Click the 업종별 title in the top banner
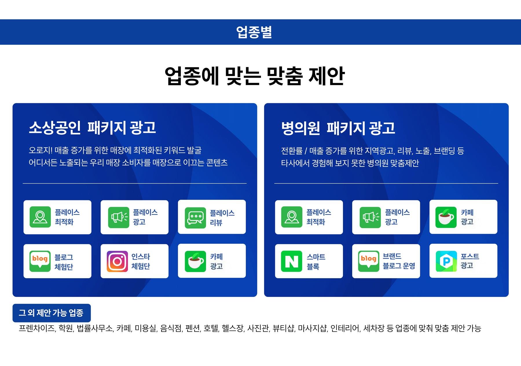point(254,32)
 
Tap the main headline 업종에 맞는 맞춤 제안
point(254,76)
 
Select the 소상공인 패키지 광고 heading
point(92,128)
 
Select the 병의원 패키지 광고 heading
point(338,128)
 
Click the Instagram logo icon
point(117,261)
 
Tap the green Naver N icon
point(291,261)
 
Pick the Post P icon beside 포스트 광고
point(446,261)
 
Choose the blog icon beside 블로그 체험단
point(40,261)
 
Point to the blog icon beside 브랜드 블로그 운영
point(368,261)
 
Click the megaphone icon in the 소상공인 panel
point(119,217)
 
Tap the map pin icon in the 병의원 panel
point(291,217)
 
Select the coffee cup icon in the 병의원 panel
point(446,217)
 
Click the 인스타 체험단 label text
point(141,261)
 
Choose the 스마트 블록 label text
point(316,262)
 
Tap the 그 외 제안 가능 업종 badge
point(52,313)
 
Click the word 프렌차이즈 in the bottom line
point(37,328)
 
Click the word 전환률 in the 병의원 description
point(292,151)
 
